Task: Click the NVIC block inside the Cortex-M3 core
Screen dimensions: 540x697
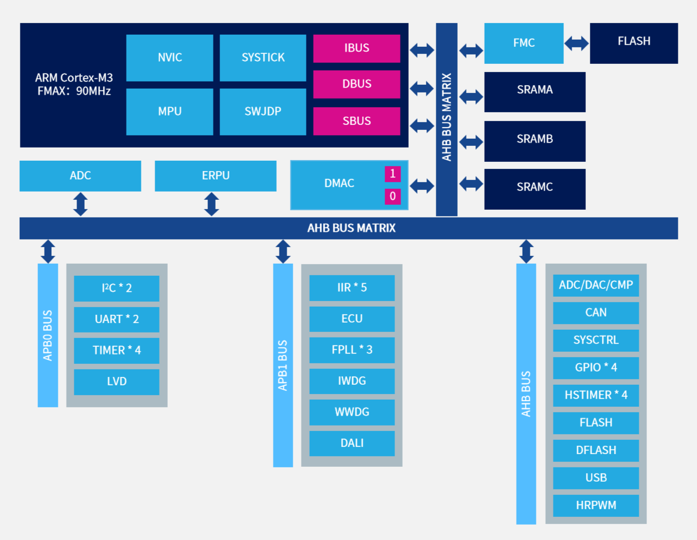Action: [169, 58]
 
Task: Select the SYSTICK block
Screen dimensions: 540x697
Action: [263, 58]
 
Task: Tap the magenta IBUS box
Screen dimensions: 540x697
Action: [356, 48]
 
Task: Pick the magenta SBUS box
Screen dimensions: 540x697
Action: [356, 121]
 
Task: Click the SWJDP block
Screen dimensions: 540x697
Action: [263, 112]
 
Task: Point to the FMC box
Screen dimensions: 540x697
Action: [524, 43]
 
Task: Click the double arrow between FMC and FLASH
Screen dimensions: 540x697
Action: [577, 43]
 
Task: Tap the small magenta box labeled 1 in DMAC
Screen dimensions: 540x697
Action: [392, 174]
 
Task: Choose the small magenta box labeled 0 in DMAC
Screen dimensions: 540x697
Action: [392, 197]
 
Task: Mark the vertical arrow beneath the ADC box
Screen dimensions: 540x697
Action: [80, 204]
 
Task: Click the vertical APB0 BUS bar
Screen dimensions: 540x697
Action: [48, 335]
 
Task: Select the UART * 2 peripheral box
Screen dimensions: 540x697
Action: [117, 319]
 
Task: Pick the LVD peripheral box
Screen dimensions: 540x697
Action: [117, 381]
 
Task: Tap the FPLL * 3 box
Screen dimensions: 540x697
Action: [352, 350]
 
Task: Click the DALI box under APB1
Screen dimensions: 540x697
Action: [352, 443]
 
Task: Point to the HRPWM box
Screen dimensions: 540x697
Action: [596, 505]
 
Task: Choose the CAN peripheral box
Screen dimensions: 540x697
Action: [596, 313]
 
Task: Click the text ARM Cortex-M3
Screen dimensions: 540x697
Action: [74, 78]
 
